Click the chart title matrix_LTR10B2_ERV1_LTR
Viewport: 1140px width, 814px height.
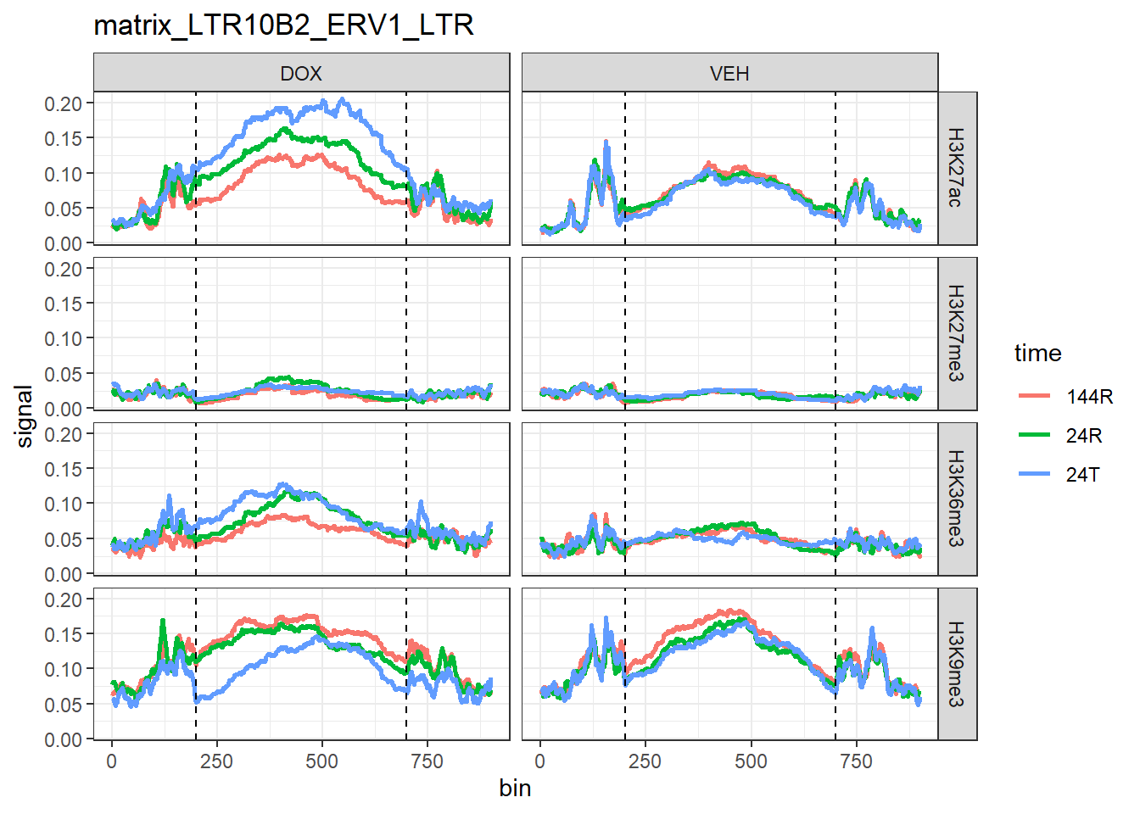click(283, 25)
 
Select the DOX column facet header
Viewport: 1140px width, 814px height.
click(301, 74)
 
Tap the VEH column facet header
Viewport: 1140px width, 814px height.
click(729, 74)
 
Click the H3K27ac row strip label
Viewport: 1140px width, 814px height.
click(956, 168)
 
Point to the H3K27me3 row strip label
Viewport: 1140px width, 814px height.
click(956, 333)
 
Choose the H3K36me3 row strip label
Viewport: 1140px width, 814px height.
click(956, 499)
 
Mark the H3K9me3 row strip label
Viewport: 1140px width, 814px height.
click(956, 664)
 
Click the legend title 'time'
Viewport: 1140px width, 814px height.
click(1037, 354)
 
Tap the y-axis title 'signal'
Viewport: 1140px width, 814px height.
click(25, 415)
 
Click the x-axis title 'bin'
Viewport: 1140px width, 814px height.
click(515, 789)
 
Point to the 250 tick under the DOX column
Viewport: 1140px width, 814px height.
click(216, 761)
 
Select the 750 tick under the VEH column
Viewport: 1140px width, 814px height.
click(856, 761)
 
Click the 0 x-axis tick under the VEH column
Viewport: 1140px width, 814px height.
click(540, 761)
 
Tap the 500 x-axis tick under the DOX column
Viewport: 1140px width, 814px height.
click(321, 761)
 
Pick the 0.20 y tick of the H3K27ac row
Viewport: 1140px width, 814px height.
click(64, 103)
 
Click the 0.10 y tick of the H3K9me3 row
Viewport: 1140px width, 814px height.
click(64, 669)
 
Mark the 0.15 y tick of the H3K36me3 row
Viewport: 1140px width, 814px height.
click(64, 469)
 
